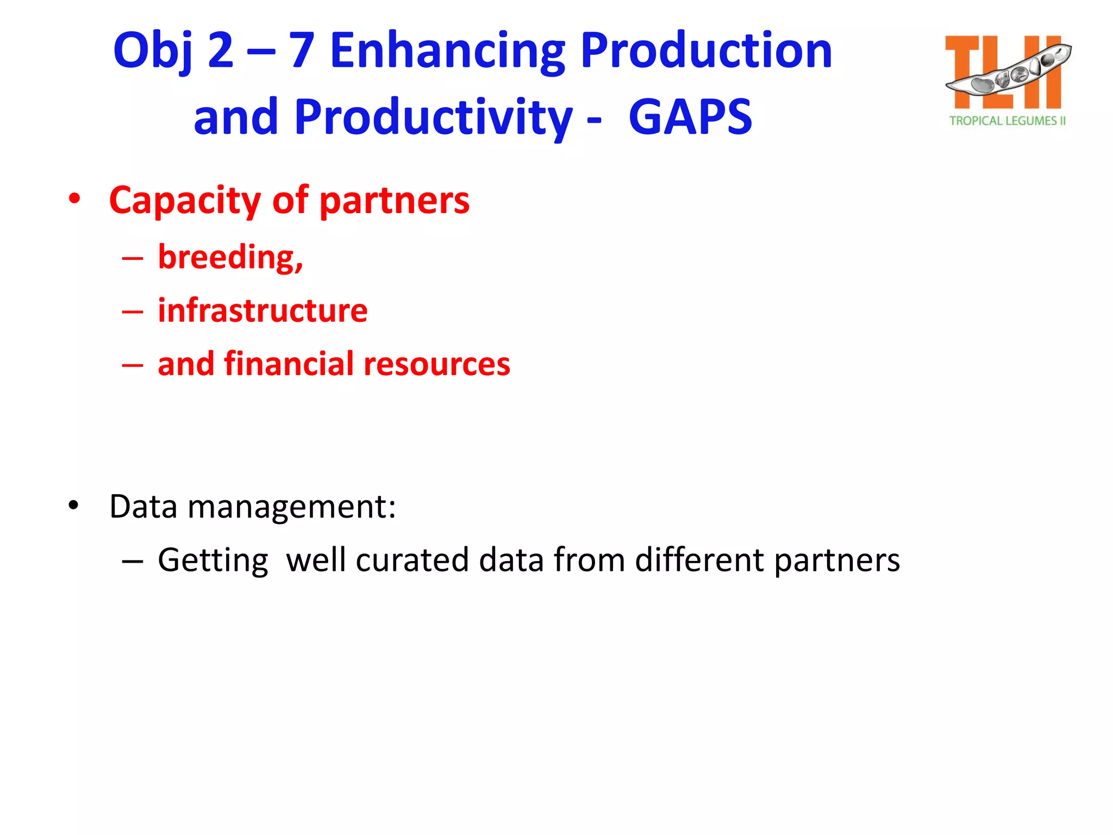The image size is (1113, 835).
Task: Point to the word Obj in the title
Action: click(153, 51)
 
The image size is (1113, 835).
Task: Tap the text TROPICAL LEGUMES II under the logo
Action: click(1008, 121)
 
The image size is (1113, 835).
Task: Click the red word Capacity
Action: click(185, 201)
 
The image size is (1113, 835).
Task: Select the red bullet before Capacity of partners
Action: click(74, 199)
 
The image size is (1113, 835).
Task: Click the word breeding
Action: click(230, 257)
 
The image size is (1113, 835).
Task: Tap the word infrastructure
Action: click(262, 310)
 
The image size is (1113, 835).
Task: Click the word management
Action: click(291, 507)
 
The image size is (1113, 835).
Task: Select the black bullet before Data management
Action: click(74, 505)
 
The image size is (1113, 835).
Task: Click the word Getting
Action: click(213, 561)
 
